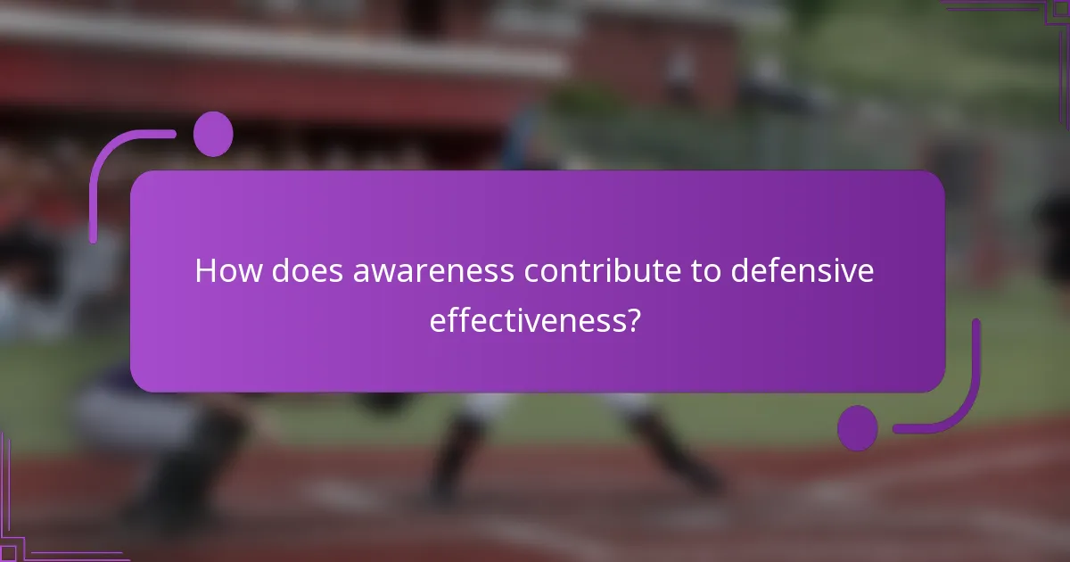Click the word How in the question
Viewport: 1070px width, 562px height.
[x=222, y=271]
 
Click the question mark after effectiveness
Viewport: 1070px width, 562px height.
[x=633, y=320]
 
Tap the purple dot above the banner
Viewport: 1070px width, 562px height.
[x=213, y=134]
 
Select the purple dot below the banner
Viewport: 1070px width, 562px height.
[x=858, y=427]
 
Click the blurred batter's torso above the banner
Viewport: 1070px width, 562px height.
[x=526, y=143]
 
